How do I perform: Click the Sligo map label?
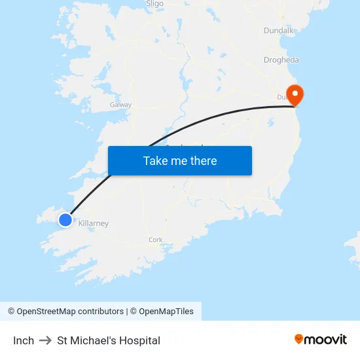click(154, 4)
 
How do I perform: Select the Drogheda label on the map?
click(281, 60)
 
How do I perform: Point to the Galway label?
click(120, 105)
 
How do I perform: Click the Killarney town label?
click(93, 224)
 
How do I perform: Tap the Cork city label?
click(155, 240)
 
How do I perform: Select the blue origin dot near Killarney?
click(65, 220)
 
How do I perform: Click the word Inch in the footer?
click(24, 340)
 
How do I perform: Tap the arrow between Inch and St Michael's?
click(45, 340)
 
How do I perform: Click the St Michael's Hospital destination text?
click(109, 340)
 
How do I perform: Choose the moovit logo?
click(321, 339)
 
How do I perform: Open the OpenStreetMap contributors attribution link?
click(65, 312)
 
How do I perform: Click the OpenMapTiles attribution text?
click(166, 312)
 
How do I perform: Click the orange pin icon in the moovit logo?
click(299, 339)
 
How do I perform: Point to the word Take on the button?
click(155, 161)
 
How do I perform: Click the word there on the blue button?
click(203, 161)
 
